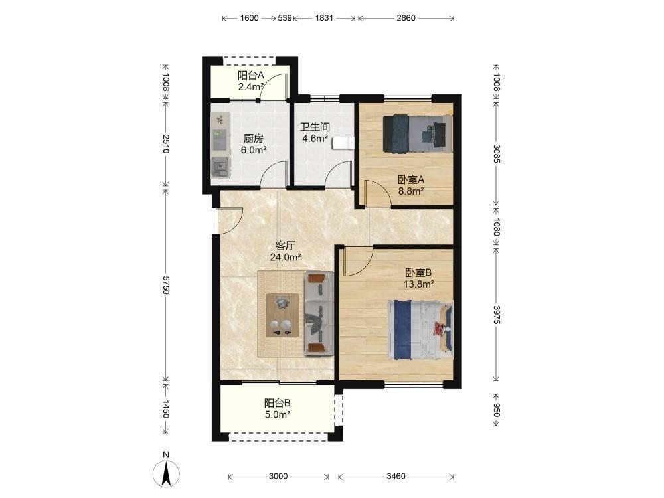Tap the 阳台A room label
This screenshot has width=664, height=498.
251,76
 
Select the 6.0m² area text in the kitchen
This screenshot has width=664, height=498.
253,150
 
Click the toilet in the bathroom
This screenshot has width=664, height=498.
343,143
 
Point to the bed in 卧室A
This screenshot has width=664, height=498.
418,133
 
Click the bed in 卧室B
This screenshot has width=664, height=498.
420,330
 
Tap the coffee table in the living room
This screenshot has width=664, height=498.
282,315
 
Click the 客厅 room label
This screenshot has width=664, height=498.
285,246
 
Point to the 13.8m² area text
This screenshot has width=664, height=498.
418,284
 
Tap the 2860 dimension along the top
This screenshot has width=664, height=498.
406,18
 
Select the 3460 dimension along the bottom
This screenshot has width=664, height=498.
396,476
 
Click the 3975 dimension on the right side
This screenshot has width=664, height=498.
497,315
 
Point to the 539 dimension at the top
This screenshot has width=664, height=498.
285,18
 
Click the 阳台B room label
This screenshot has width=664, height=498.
278,403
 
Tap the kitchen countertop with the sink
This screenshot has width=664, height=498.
221,145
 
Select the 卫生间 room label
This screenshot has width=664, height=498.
315,127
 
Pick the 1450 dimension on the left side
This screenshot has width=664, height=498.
165,409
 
